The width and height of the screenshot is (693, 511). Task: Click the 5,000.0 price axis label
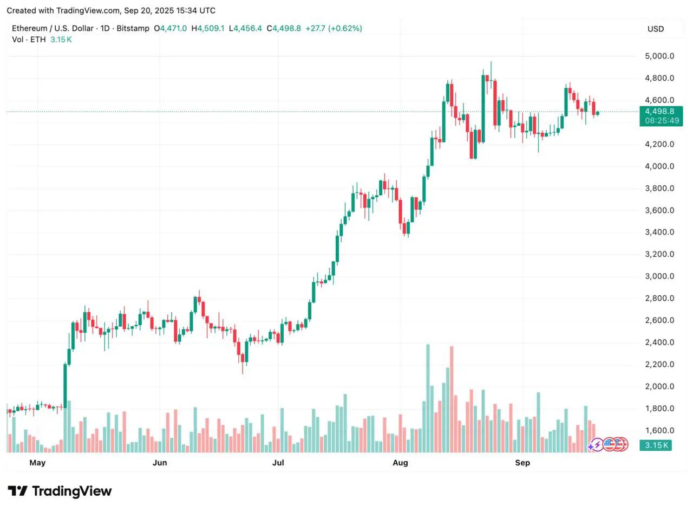coord(659,56)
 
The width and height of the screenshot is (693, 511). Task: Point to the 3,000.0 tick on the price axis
coord(659,276)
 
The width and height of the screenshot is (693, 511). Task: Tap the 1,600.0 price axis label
coord(659,431)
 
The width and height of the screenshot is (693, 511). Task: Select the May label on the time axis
coord(37,463)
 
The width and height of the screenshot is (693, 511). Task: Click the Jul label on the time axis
coord(278,463)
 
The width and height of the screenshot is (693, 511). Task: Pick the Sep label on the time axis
coord(522,463)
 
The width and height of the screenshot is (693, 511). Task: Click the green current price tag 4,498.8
coord(660,112)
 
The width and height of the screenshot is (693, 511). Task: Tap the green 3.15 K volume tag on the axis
coord(655,445)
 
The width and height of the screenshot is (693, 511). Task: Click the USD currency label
coord(656,29)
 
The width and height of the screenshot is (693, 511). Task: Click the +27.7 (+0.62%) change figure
coord(334,28)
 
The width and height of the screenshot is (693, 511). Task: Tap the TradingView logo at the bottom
coord(60,491)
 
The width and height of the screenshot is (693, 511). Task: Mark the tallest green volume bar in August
coord(428,398)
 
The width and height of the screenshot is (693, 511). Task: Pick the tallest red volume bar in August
coord(451,399)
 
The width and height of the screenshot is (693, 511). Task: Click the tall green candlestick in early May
coord(65,385)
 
